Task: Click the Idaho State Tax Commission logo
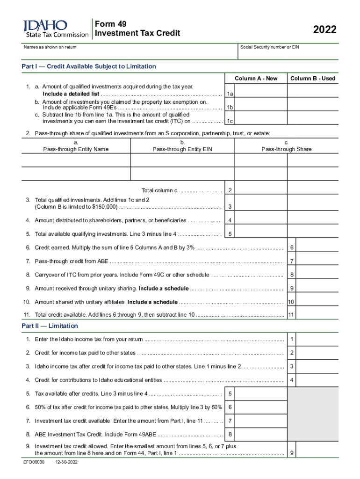point(55,29)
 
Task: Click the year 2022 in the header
point(324,30)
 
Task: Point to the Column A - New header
point(256,78)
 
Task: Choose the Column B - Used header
point(313,78)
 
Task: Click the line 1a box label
point(230,94)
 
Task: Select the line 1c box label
point(230,121)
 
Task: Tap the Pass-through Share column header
point(286,149)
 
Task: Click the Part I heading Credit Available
point(89,66)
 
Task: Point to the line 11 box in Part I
point(291,315)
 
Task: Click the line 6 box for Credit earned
point(291,247)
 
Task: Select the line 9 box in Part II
point(291,453)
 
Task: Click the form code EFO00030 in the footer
point(34,462)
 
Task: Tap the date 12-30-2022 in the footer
point(66,462)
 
